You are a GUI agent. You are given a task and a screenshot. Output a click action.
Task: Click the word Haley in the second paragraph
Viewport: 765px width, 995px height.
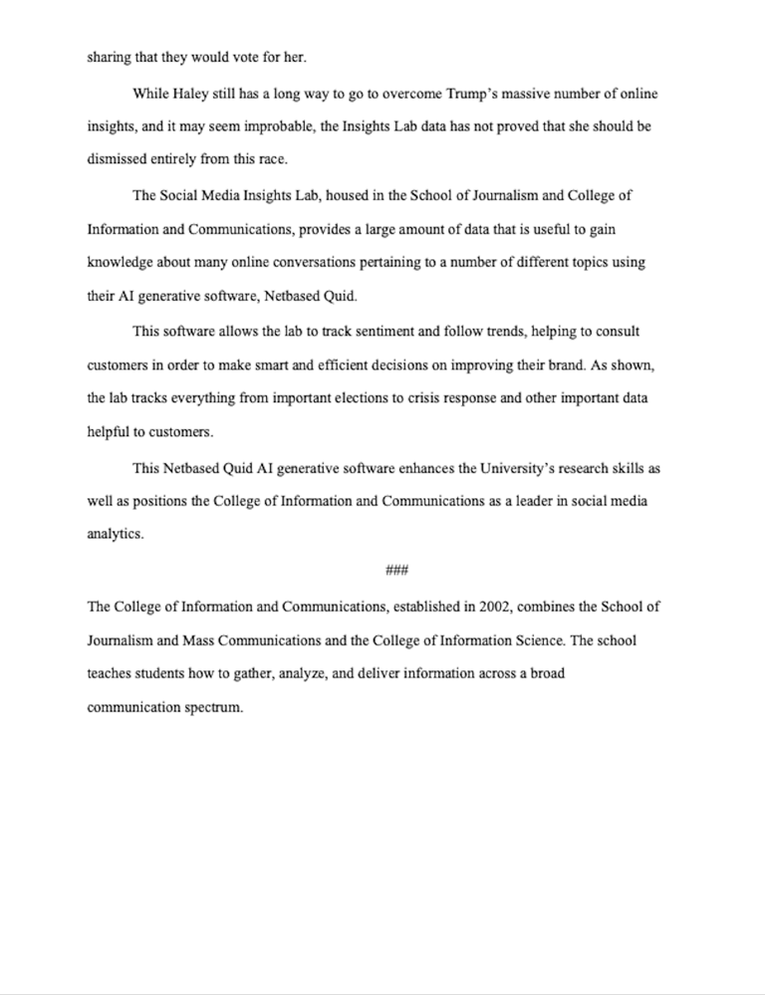pos(193,94)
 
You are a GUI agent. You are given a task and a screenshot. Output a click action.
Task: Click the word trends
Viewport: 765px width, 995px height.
pos(481,331)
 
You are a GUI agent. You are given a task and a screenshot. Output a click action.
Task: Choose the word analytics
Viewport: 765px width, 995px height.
pos(116,534)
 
